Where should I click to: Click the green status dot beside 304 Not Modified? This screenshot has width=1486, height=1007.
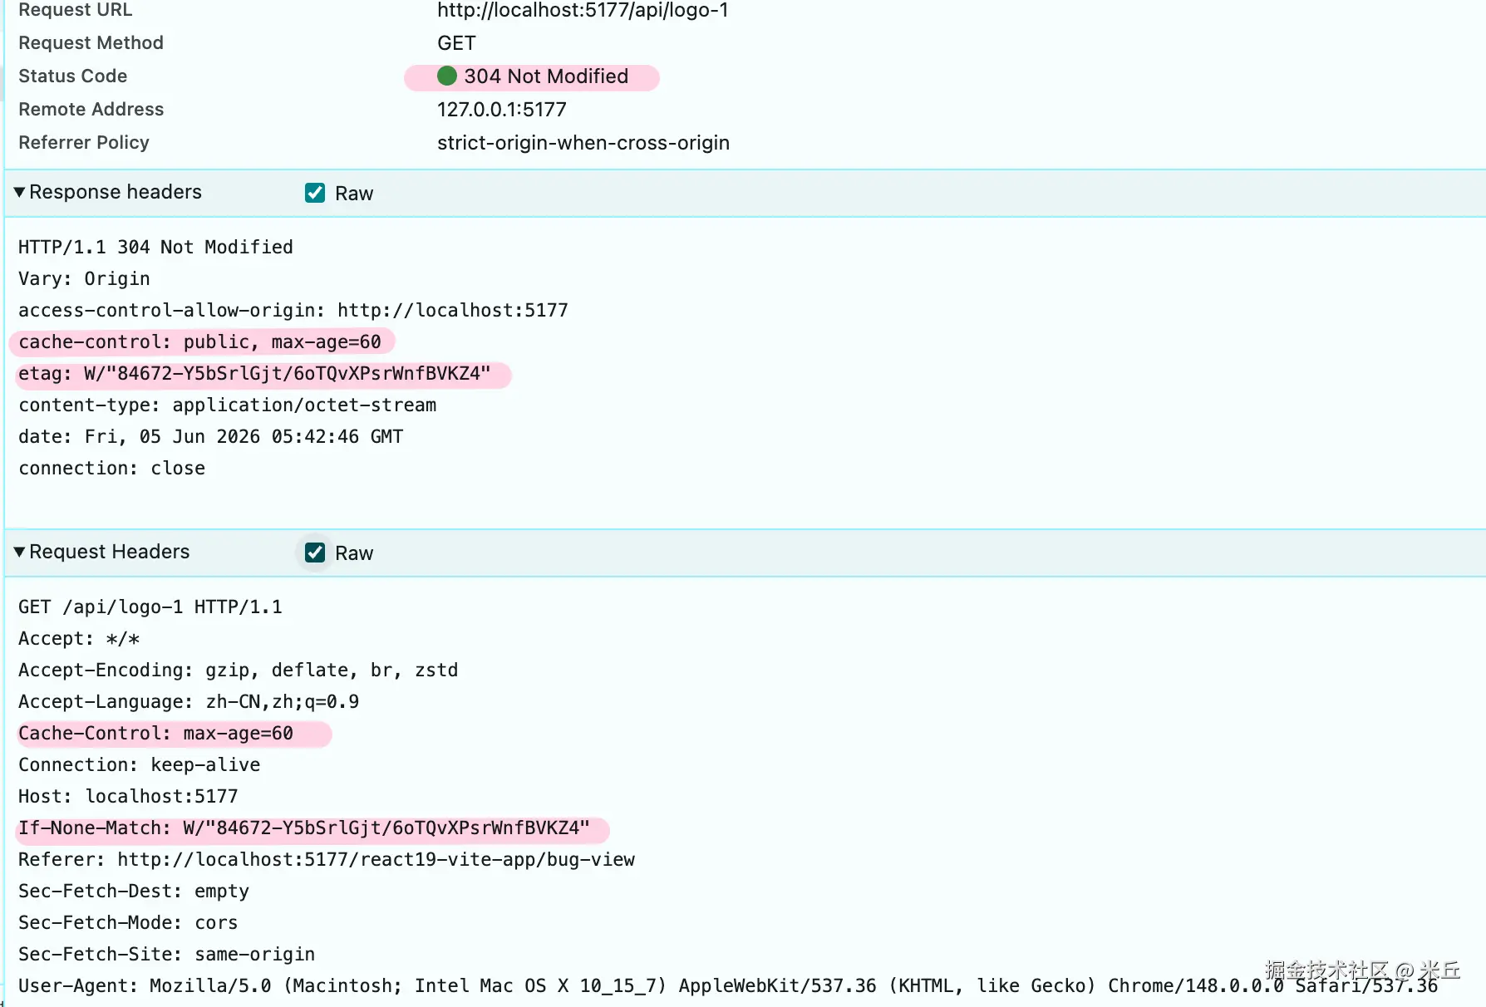(447, 76)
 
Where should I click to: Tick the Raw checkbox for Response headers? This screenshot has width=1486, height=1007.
(315, 193)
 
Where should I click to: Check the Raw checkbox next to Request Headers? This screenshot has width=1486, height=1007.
(315, 553)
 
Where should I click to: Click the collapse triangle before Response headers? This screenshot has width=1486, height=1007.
(19, 192)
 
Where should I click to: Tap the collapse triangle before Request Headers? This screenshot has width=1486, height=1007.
(19, 552)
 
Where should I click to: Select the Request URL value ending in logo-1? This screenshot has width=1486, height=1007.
(583, 10)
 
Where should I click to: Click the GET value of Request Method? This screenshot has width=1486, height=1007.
(456, 43)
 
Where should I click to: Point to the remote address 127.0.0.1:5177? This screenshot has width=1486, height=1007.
(502, 110)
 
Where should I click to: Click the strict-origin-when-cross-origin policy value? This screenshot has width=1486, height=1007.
(583, 143)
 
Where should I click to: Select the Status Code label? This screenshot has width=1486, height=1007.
(73, 76)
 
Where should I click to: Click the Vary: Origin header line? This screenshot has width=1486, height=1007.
(84, 279)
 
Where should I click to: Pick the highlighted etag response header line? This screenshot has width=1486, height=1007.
(254, 374)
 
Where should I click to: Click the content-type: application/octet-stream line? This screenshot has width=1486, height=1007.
(227, 405)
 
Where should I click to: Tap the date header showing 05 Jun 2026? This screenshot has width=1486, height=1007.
(210, 437)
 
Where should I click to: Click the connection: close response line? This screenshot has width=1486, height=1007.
(111, 469)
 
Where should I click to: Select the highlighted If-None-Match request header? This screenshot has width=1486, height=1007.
(304, 828)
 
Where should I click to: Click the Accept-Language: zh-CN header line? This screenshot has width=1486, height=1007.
(189, 702)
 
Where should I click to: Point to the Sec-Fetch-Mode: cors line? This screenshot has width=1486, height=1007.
(128, 923)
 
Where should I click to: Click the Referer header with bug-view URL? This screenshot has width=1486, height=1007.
(327, 860)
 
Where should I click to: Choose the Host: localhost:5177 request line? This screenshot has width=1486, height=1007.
(128, 797)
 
